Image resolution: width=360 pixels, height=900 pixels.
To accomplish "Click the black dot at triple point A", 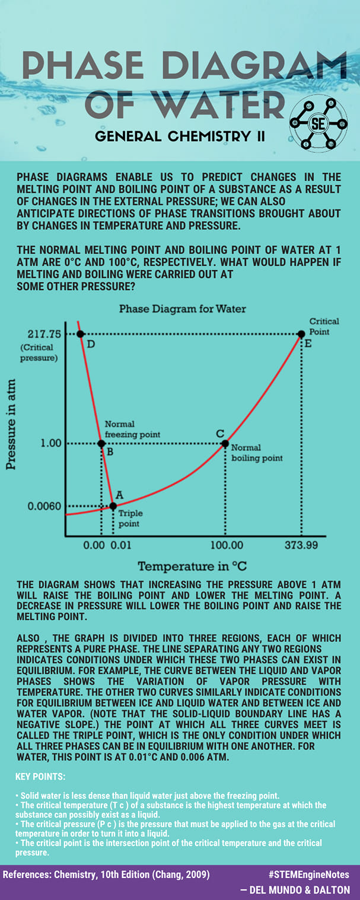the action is click(x=113, y=506).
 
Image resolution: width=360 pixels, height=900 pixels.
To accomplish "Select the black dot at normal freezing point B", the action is click(x=101, y=444).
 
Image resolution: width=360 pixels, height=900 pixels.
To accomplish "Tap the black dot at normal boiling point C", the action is click(x=225, y=444).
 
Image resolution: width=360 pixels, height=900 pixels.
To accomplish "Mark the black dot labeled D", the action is click(x=80, y=334).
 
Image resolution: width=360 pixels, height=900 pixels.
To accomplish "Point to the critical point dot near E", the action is click(x=301, y=334).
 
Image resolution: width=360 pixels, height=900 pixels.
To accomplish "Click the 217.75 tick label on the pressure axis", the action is click(x=44, y=334).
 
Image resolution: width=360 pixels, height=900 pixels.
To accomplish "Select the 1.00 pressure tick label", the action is click(x=51, y=443).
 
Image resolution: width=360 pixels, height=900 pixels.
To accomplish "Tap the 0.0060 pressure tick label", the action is click(x=44, y=506).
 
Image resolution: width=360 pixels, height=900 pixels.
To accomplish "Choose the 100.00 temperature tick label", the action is click(x=227, y=545).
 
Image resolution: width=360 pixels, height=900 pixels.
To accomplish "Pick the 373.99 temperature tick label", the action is click(x=301, y=545).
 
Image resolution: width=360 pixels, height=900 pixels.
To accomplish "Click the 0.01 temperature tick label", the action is click(x=121, y=545).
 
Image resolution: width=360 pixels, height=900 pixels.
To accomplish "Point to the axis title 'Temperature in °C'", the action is click(x=193, y=566).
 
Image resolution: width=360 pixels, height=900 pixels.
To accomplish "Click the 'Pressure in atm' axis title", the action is click(x=11, y=424).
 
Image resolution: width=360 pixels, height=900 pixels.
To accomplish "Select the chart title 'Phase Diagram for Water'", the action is click(x=183, y=309).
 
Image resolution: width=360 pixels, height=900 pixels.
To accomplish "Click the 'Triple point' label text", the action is click(x=130, y=519).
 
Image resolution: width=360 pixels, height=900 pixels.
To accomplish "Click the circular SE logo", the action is click(x=318, y=124).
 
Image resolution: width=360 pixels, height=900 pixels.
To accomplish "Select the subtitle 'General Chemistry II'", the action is click(x=180, y=136).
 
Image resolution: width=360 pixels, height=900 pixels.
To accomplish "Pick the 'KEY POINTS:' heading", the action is click(x=40, y=777).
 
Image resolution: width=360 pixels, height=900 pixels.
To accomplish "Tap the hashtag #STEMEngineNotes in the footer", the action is click(x=309, y=874).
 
